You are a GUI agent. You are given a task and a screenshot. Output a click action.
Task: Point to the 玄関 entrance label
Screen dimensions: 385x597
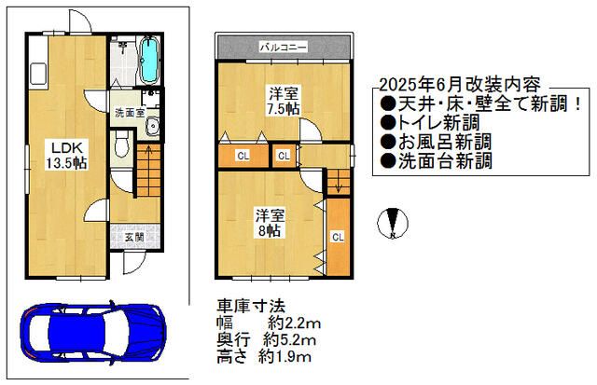(x=133, y=238)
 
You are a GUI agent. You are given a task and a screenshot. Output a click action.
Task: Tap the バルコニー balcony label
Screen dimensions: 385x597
(x=284, y=45)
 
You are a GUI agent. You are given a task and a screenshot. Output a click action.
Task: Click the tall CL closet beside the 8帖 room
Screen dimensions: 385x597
(x=337, y=237)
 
